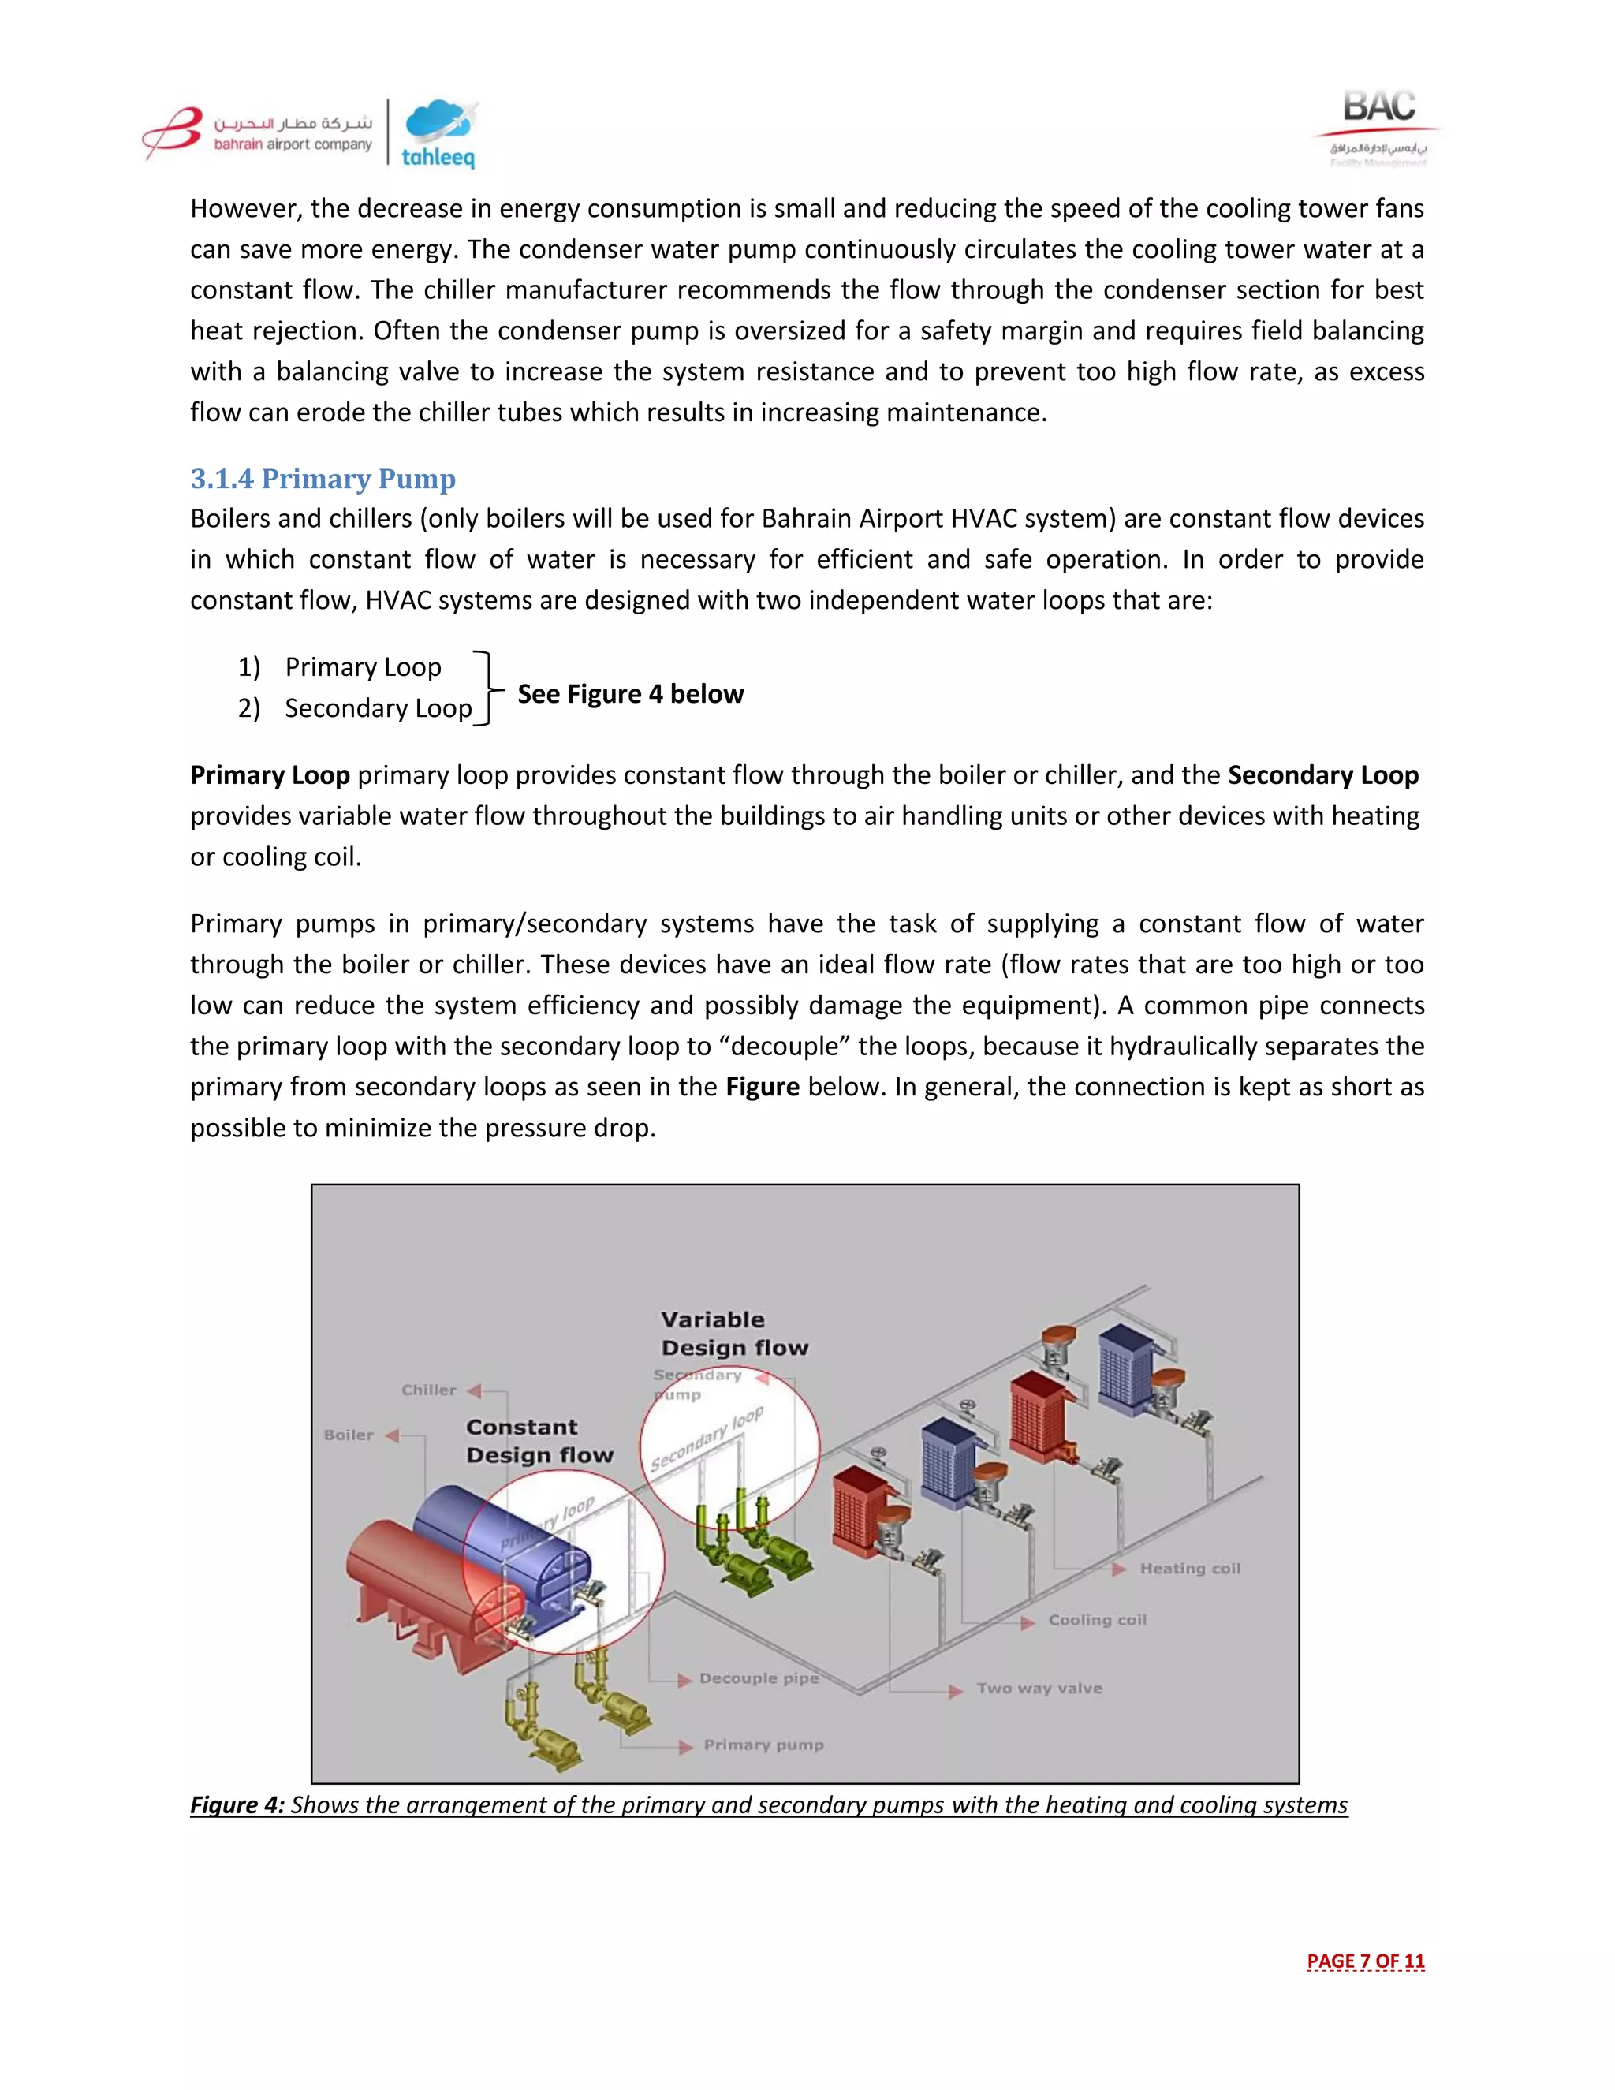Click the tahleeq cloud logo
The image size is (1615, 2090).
tap(439, 134)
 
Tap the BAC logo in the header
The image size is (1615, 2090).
tap(1378, 126)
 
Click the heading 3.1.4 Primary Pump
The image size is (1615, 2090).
tap(323, 479)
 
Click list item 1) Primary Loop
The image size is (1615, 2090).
tap(340, 667)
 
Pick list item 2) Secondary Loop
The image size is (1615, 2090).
tap(355, 708)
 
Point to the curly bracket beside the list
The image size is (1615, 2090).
tap(488, 688)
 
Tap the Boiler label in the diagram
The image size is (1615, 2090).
tap(349, 1435)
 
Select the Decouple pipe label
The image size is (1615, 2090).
tap(759, 1678)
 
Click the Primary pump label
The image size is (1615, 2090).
tap(763, 1745)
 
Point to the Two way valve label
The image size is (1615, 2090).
tap(1039, 1688)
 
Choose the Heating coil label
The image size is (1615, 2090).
tap(1189, 1569)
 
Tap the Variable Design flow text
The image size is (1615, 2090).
tap(734, 1333)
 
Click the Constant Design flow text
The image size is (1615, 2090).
tap(539, 1441)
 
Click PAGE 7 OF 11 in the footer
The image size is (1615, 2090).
tap(1365, 1961)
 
